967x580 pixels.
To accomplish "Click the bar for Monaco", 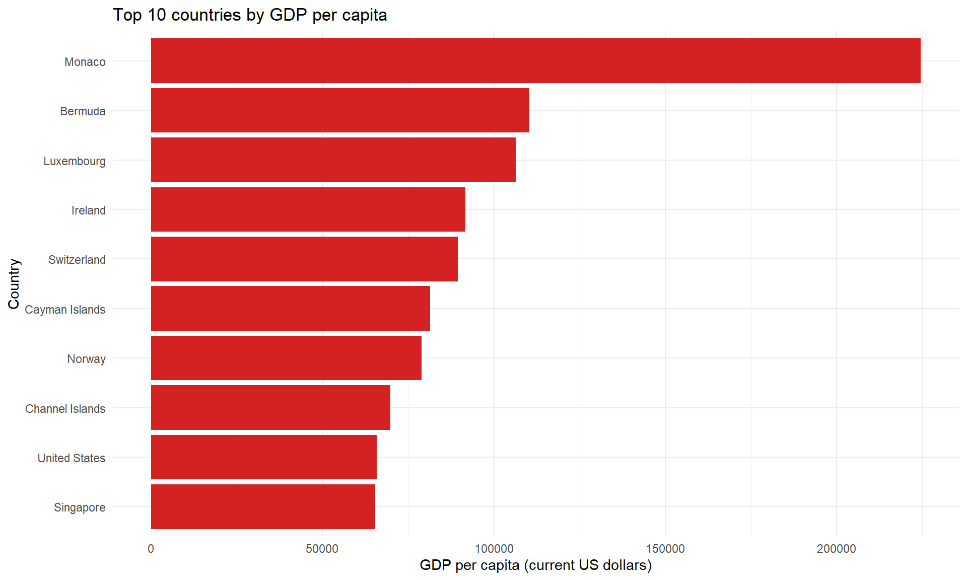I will (535, 60).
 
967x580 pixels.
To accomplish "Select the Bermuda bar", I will (340, 110).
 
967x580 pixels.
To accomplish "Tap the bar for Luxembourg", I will (333, 160).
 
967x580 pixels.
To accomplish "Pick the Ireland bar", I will (308, 209).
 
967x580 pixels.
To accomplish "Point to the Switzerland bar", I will (304, 259).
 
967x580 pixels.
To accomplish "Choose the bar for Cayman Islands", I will (290, 308).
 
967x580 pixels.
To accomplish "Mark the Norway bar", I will (286, 358).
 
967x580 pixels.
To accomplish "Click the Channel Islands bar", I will (270, 407).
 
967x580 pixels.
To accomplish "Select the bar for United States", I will (263, 457).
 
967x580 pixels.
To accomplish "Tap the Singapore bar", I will (263, 506).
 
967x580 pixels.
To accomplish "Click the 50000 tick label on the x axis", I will (322, 549).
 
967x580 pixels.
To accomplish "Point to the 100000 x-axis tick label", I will (494, 549).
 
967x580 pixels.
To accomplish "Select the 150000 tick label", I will (665, 549).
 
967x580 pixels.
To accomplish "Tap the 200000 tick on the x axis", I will (836, 549).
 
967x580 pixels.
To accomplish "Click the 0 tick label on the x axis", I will (151, 549).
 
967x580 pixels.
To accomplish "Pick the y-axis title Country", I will (14, 284).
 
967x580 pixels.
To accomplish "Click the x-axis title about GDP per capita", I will (535, 565).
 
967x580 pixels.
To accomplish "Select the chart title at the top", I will (250, 15).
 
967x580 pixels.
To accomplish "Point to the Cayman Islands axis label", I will (65, 310).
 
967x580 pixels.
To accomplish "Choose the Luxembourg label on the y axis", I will (75, 161).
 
